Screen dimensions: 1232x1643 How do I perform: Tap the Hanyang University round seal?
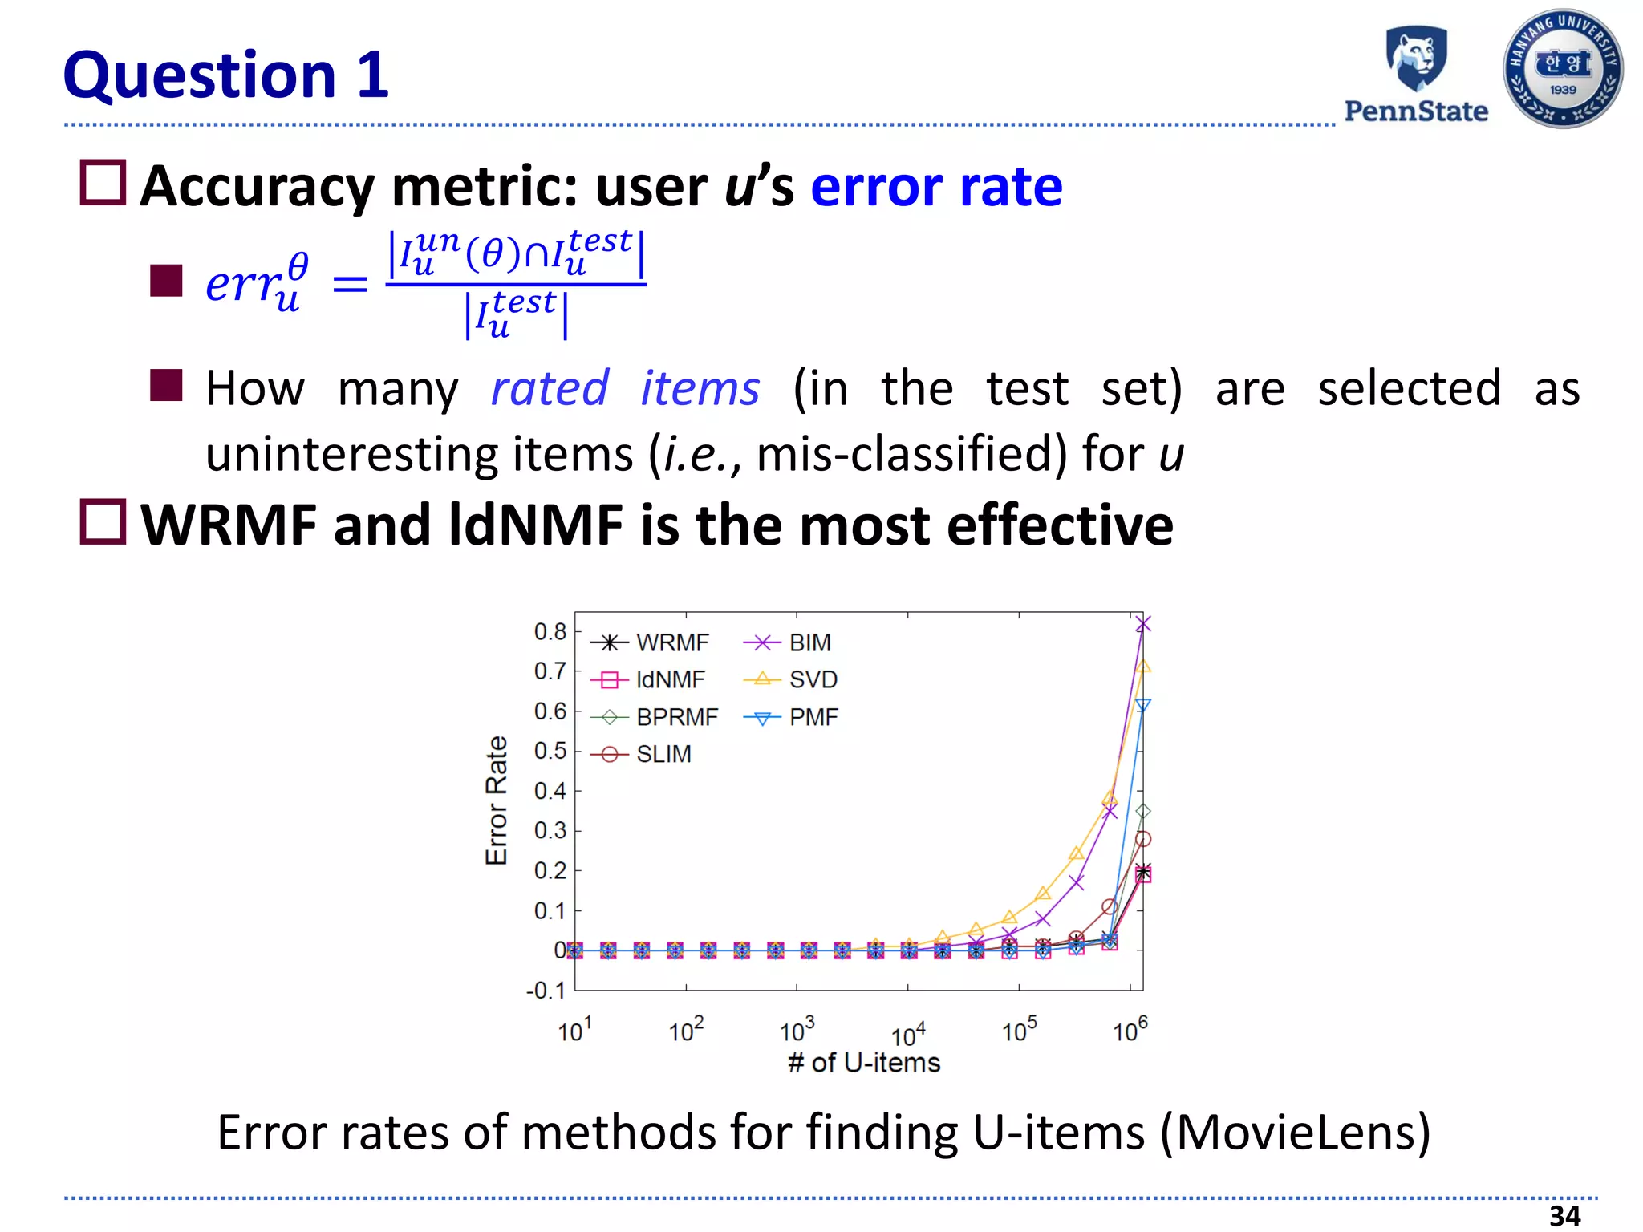coord(1563,69)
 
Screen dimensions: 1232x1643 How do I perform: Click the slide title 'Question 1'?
coord(226,75)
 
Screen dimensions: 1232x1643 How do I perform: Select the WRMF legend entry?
coord(651,642)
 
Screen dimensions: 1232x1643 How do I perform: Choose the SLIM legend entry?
coord(642,754)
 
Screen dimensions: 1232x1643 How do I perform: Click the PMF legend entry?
coord(792,717)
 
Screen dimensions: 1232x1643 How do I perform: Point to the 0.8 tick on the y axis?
coord(550,631)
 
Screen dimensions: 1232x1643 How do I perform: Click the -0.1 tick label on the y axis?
coord(546,991)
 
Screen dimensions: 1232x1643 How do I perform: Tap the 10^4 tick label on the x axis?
coord(908,1035)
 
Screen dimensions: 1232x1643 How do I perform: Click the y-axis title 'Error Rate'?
coord(497,800)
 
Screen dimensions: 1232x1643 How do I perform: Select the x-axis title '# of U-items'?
coord(864,1063)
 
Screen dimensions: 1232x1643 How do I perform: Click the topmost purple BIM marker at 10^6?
coord(1143,623)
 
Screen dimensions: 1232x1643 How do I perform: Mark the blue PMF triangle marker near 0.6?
coord(1143,706)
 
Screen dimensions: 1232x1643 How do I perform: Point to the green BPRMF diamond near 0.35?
coord(1143,812)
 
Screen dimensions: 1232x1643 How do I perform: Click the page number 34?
coord(1564,1216)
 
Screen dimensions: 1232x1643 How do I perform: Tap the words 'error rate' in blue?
coord(936,186)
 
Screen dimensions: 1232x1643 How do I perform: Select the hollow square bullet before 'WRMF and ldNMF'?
coord(103,522)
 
